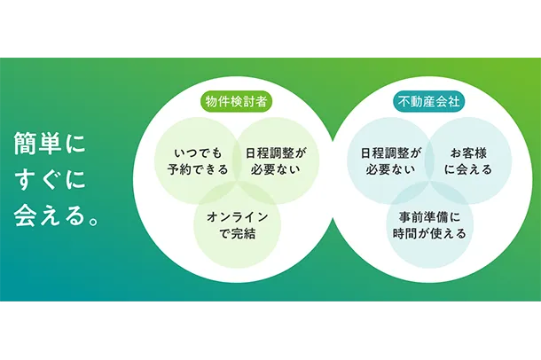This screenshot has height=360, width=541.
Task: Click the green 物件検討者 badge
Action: (236, 102)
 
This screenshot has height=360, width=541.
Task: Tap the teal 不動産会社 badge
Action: (429, 102)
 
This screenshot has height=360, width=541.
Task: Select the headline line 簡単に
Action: (50, 145)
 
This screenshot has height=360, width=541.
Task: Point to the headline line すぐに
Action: (51, 179)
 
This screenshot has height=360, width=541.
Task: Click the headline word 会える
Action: (50, 215)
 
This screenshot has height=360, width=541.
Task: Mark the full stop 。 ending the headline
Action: (93, 221)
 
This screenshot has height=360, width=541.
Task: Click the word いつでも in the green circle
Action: (198, 153)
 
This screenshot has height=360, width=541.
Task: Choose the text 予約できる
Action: (198, 169)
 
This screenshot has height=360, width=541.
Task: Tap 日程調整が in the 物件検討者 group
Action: (276, 153)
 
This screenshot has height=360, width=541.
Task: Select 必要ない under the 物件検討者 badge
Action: (275, 169)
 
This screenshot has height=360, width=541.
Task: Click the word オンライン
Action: (238, 217)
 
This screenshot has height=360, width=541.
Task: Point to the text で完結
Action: (238, 234)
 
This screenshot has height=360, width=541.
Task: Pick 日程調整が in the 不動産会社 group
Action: (391, 153)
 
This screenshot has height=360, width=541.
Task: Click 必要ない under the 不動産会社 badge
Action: (390, 169)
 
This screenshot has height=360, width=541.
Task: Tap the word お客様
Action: (468, 153)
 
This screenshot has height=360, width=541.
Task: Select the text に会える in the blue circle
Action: (468, 169)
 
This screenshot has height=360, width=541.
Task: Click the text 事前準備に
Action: (429, 217)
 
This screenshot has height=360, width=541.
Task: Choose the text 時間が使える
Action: (429, 234)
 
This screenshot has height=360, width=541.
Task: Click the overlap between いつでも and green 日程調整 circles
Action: (237, 160)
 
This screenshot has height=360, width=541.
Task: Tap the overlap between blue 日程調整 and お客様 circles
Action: (429, 160)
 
